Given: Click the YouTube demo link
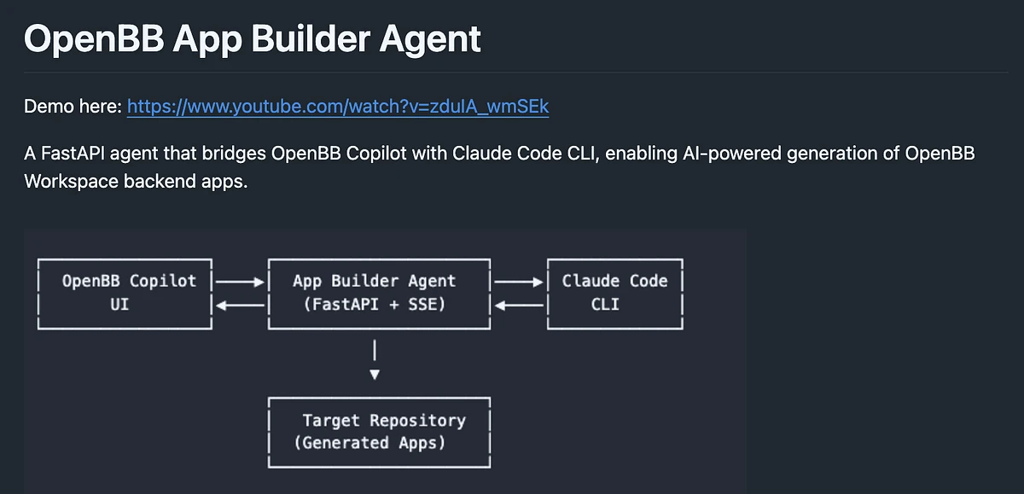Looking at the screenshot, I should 338,107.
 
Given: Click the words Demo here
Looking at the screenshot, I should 73,107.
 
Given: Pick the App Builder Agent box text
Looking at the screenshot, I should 374,281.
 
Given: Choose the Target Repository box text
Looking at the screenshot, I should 383,420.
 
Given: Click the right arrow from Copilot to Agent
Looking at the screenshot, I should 241,280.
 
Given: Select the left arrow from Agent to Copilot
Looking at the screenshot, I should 241,303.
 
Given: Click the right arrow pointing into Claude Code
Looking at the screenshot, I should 519,280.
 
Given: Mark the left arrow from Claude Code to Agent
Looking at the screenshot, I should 519,303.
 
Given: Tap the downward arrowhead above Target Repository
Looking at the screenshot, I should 374,374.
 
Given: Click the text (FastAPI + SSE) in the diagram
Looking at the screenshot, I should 374,303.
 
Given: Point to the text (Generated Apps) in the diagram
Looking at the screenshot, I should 369,443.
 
